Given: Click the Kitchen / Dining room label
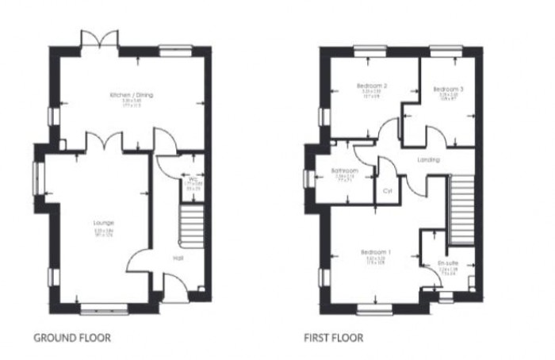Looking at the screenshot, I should coord(132,95).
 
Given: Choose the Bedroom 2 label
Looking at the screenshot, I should coord(371,85).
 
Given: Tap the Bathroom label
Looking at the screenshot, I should coord(346,171).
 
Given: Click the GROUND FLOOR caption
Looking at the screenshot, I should coord(72,338).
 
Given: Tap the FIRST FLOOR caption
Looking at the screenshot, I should coord(334,338).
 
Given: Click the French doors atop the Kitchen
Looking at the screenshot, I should coord(98,40).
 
